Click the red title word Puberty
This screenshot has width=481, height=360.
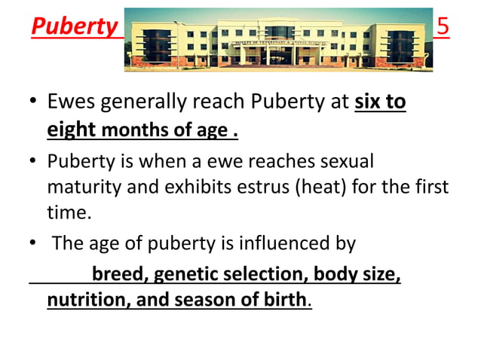[74, 28]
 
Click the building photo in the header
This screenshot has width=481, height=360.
[278, 39]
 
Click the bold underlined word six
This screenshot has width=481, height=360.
[368, 102]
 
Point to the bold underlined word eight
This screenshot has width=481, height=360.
[71, 130]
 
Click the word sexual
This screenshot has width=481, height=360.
[339, 161]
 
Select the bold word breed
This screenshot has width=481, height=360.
[115, 274]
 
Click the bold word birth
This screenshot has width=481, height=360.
[283, 300]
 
